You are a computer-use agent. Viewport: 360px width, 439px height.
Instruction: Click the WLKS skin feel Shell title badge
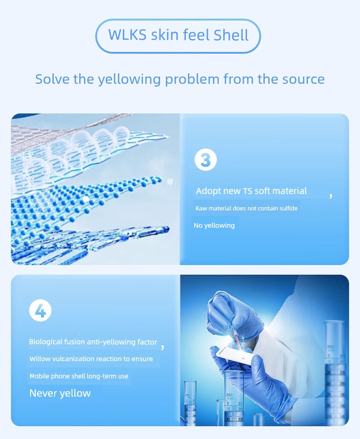(178, 36)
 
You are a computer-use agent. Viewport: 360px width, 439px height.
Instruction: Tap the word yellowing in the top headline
(129, 80)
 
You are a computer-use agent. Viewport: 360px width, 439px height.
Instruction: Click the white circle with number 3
(206, 159)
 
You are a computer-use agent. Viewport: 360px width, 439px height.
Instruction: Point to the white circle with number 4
(41, 311)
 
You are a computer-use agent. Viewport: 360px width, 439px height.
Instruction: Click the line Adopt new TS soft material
(251, 191)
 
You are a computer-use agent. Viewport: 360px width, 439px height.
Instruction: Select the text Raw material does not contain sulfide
(247, 208)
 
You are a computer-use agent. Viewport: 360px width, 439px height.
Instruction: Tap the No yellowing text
(214, 225)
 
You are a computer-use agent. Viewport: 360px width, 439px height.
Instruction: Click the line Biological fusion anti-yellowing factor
(93, 342)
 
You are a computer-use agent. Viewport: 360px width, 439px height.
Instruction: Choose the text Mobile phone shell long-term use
(79, 376)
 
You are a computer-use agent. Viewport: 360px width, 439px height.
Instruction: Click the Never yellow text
(60, 393)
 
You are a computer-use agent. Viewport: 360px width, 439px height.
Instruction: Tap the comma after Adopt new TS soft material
(331, 195)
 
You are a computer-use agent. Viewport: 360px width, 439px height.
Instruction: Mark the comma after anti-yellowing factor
(163, 347)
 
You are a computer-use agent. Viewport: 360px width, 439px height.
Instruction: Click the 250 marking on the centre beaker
(229, 395)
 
